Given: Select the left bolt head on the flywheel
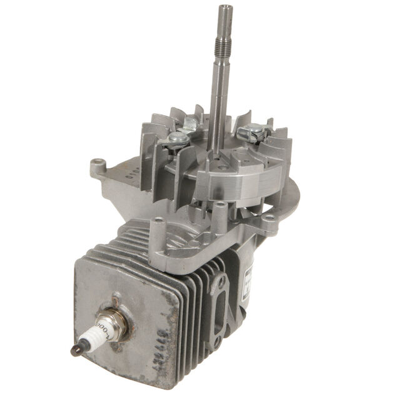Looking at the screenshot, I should pyautogui.click(x=177, y=139).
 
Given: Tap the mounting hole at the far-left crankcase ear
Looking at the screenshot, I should pyautogui.click(x=96, y=165).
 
